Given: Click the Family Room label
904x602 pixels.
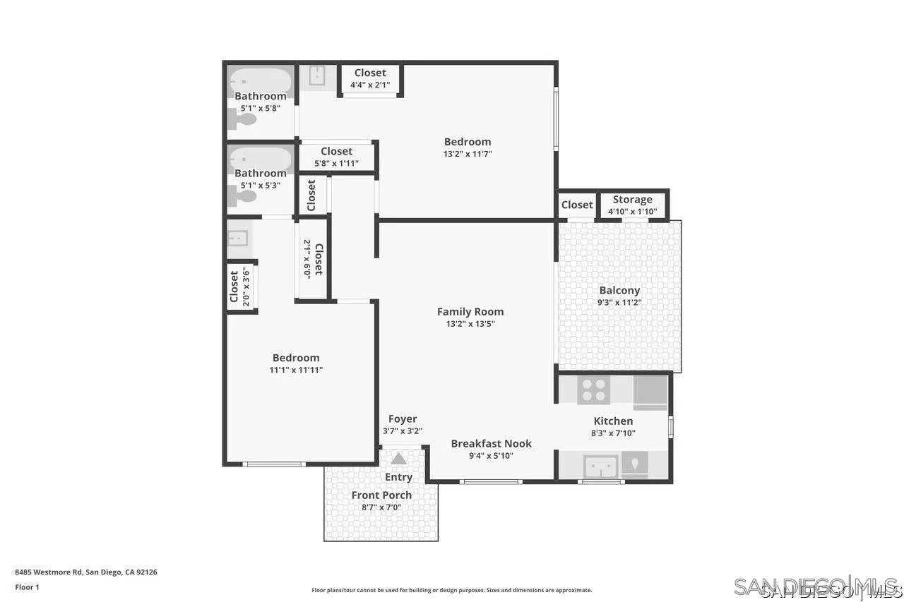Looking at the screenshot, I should point(470,311).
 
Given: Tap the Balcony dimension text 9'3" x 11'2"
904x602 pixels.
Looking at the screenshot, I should point(619,303).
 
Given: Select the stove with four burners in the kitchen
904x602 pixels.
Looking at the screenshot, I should point(593,390).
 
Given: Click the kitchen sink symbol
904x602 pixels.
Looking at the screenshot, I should point(601,466).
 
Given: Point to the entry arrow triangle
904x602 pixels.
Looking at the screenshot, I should point(399,459).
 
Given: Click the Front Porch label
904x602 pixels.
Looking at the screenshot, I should point(381,495).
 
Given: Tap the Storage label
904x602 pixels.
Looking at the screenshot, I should point(632,199).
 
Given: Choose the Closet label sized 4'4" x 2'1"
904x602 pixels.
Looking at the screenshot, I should point(370,73).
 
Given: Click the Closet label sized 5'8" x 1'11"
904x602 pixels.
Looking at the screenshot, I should point(336,151).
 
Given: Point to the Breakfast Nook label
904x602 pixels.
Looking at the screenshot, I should point(491,443).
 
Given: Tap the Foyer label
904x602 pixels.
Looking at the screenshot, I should point(403,419).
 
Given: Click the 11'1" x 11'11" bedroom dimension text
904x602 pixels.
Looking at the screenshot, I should point(296,370).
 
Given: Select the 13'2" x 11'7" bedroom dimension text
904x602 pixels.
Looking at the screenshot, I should point(468,154).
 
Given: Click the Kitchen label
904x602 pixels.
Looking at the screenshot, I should point(613,421).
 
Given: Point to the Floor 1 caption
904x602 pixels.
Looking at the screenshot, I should point(27,587).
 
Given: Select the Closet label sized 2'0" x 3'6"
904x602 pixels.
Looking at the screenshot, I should point(234,287).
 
